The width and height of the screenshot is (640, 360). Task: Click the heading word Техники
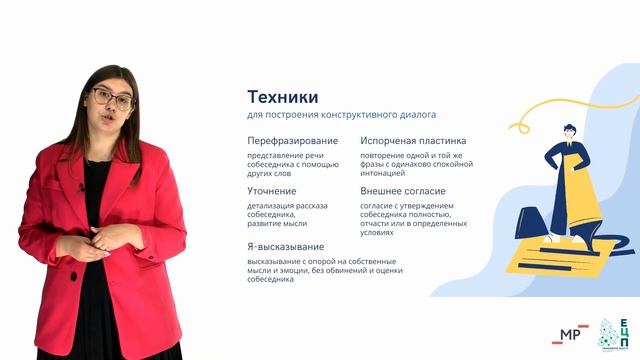pyautogui.click(x=283, y=97)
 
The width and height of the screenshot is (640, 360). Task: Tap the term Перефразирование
pyautogui.click(x=292, y=141)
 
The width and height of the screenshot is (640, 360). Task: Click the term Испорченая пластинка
pyautogui.click(x=413, y=141)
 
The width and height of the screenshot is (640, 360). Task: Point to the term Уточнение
pyautogui.click(x=271, y=190)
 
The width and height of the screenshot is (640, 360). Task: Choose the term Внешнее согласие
pyautogui.click(x=403, y=190)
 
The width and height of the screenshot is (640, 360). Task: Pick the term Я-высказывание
pyautogui.click(x=285, y=246)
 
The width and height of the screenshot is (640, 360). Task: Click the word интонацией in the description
pyautogui.click(x=387, y=174)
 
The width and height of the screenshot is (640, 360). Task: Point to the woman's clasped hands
pyautogui.click(x=113, y=238)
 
